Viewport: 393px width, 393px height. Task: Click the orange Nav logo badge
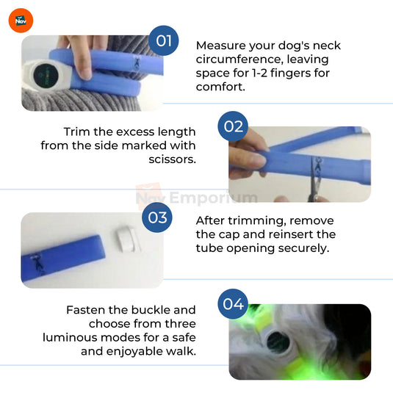point(20,20)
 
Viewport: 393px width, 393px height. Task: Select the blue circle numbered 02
point(233,126)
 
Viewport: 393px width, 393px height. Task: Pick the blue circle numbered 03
point(157,217)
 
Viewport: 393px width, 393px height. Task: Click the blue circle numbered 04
point(233,302)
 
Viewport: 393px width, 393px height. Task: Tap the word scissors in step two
point(171,159)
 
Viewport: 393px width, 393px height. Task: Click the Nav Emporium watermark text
point(196,197)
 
